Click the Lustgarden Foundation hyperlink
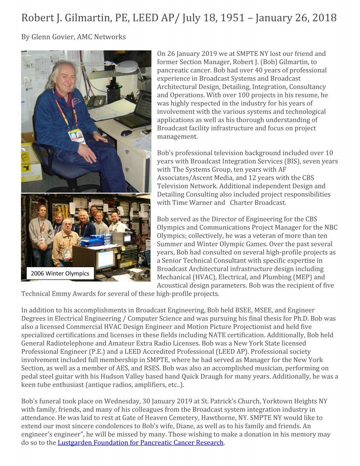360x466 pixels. (141, 443)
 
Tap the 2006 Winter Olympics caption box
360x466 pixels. (60, 273)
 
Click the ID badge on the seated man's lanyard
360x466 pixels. (77, 136)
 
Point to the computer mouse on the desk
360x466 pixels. (126, 133)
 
